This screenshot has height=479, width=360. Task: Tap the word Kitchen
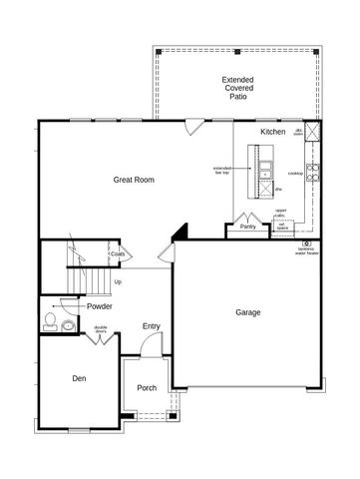pos(273,132)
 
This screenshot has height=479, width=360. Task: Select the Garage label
pos(247,312)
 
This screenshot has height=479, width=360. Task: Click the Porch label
pos(147,388)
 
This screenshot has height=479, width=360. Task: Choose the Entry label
pos(151,326)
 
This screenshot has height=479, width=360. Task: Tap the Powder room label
pos(99,306)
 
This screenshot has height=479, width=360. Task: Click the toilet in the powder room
pos(50,321)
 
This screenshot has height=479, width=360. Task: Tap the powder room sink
pos(67,325)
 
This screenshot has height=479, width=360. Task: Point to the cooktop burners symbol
pos(311,173)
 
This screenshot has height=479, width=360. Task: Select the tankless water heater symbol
pos(307,242)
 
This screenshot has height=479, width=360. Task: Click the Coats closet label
pos(117,254)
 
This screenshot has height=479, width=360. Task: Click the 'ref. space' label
pos(282,227)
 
